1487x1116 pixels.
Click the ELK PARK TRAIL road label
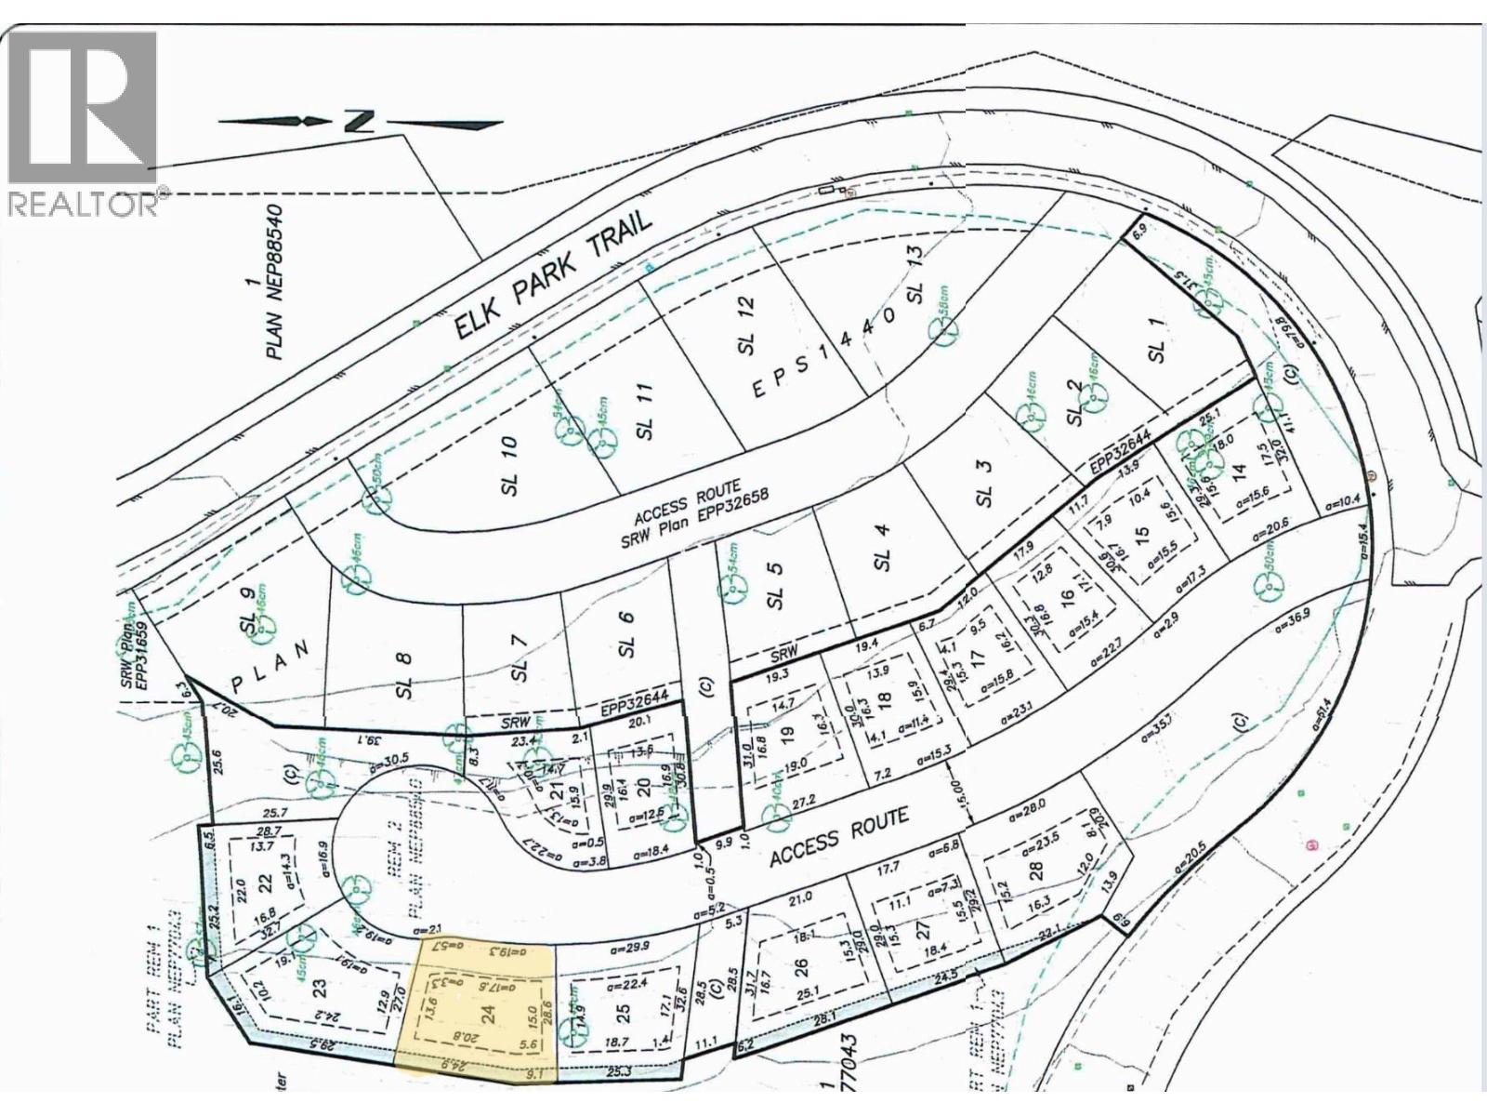click(x=554, y=276)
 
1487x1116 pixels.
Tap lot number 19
click(x=788, y=737)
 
